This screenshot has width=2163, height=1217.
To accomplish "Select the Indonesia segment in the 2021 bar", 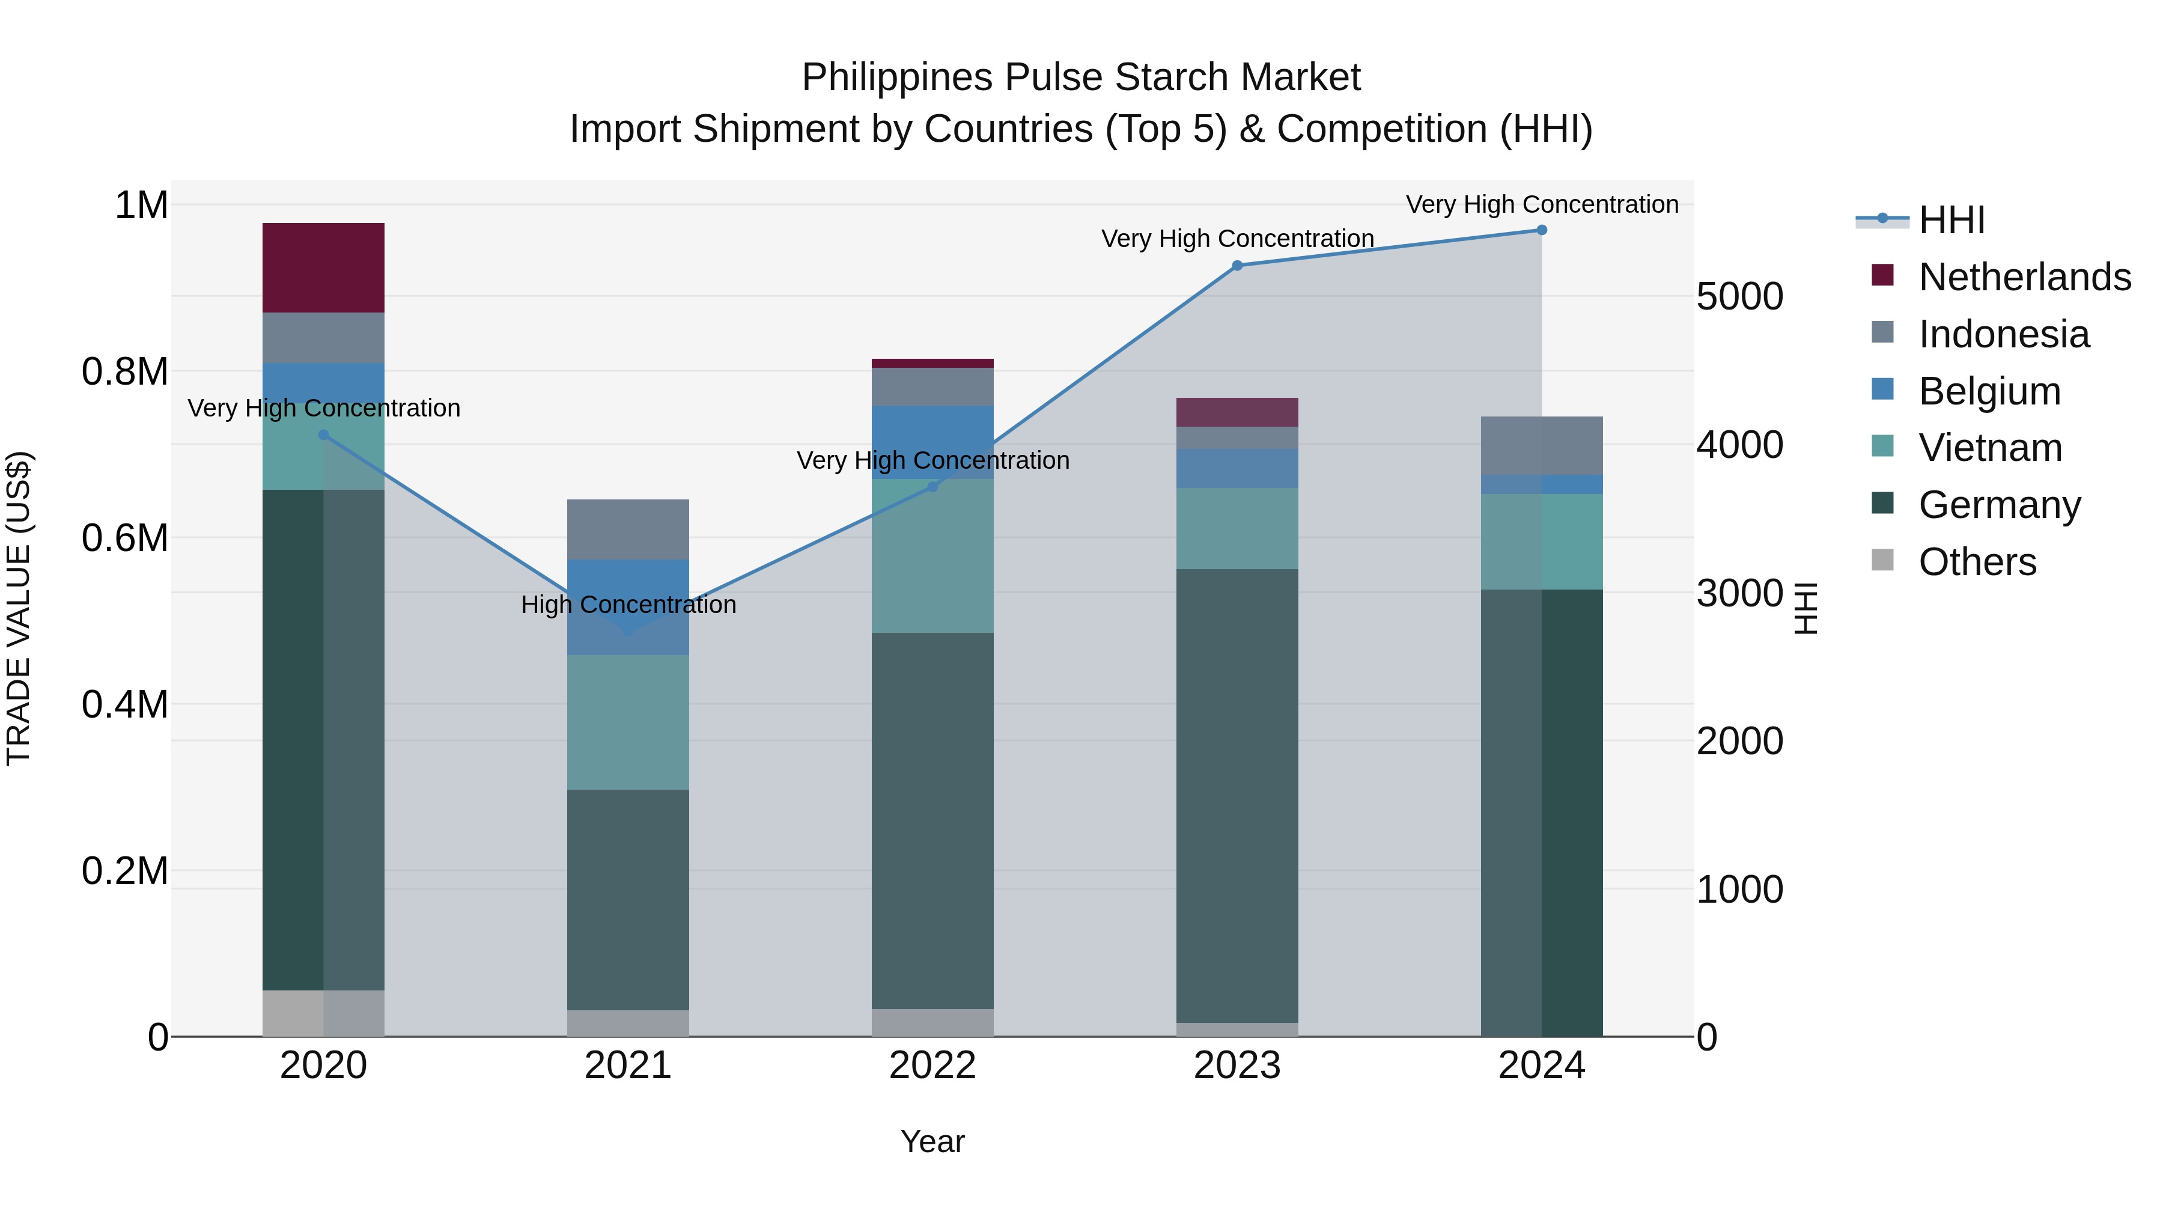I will (628, 529).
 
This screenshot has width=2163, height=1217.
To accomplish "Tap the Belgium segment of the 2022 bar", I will (932, 442).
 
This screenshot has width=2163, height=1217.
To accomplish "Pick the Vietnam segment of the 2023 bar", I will (1237, 528).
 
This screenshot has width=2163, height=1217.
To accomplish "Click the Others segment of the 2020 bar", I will (323, 1013).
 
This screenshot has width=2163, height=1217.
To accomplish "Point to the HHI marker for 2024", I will (1542, 230).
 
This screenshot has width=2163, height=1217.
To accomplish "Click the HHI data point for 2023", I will (1237, 266).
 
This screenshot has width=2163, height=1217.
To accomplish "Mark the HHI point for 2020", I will (323, 435).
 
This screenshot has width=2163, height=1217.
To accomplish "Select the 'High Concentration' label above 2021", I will (628, 605).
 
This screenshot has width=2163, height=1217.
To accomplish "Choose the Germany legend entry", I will (1999, 505).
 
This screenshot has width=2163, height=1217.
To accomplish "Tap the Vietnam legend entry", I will (1990, 448).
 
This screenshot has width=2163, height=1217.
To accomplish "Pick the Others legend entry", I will (1977, 562).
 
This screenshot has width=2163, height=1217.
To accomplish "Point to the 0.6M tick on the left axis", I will (125, 537).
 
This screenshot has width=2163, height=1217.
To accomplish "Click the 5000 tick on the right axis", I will (1740, 296).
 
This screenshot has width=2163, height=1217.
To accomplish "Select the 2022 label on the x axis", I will (932, 1066).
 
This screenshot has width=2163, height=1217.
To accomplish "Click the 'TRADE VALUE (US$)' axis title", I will (19, 608).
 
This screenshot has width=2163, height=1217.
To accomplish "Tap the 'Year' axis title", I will (932, 1141).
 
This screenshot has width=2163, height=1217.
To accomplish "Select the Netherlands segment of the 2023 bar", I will (1237, 412).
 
